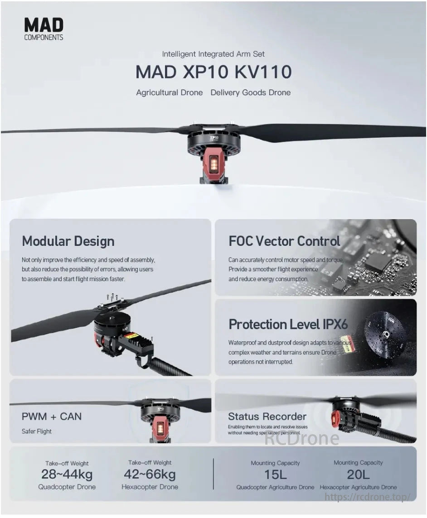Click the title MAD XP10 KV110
(x=213, y=72)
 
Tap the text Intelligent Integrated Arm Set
(x=213, y=54)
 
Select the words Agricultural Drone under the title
(x=170, y=92)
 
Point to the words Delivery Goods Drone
(x=250, y=92)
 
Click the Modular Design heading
(x=68, y=241)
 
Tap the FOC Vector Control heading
(x=284, y=241)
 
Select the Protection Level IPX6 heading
(x=288, y=324)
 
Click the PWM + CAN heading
(x=52, y=416)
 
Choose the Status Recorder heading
(x=267, y=416)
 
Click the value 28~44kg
(x=67, y=475)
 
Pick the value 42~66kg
(x=150, y=475)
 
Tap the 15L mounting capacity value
(x=275, y=475)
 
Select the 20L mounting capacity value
(x=358, y=475)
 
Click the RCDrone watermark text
(x=301, y=438)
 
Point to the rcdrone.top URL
(x=368, y=497)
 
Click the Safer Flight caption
(x=37, y=431)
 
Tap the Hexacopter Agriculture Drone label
(x=358, y=487)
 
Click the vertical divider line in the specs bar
(x=213, y=474)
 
